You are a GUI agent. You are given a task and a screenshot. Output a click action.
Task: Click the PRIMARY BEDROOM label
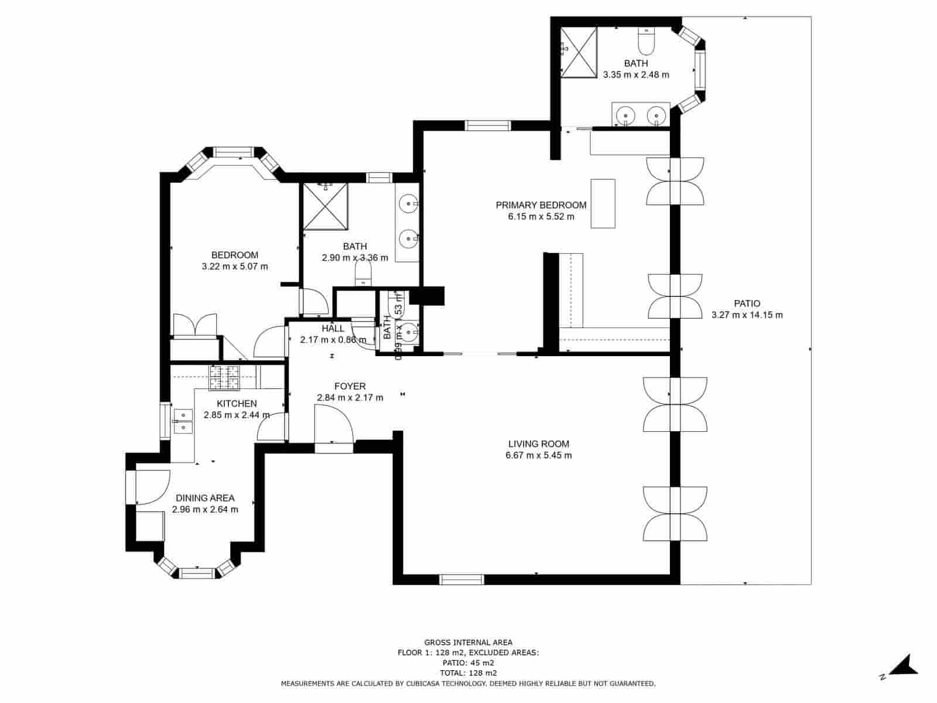click(x=541, y=205)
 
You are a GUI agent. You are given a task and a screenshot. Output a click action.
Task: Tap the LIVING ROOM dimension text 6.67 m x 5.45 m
click(x=538, y=455)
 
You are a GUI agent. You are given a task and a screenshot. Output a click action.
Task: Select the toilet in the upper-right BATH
click(x=645, y=40)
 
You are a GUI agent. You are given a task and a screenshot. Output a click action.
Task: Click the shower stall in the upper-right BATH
click(x=579, y=52)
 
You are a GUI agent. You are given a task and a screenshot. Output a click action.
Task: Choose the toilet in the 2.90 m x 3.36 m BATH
click(x=363, y=274)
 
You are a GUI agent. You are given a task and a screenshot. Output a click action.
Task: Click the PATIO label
click(x=747, y=303)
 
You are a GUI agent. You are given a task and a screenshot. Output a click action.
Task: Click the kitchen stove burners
click(x=225, y=377)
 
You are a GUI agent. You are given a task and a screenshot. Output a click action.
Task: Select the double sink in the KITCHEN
click(x=183, y=421)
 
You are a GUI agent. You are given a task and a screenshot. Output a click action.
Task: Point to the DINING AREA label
click(x=205, y=498)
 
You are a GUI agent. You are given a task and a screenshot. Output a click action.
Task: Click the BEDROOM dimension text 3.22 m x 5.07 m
click(x=234, y=267)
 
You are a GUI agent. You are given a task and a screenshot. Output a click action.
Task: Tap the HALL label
click(x=333, y=329)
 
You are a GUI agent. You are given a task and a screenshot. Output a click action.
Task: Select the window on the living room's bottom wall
click(x=461, y=579)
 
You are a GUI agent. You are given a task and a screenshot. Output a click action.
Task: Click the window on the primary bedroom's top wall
click(x=488, y=125)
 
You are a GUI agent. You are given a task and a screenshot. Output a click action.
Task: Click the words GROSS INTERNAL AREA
click(x=468, y=643)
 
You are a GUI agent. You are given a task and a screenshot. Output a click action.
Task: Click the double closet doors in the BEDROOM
click(x=195, y=325)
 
